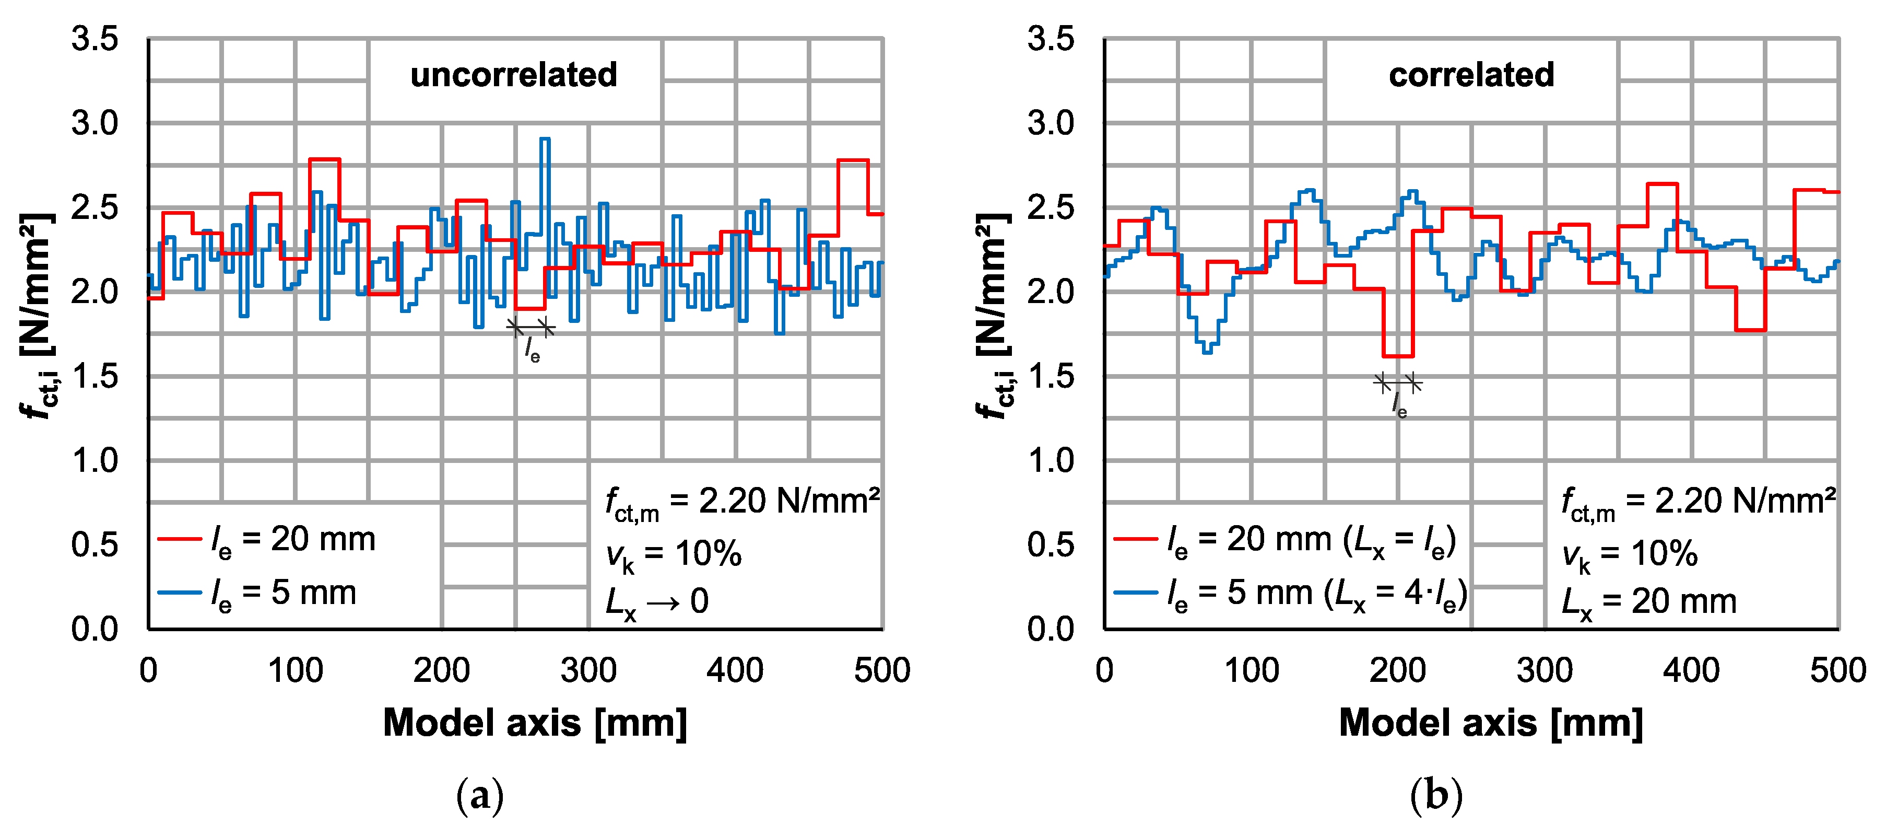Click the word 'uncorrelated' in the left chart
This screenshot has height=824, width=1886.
click(x=513, y=75)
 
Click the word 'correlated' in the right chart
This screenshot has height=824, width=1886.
click(x=1471, y=75)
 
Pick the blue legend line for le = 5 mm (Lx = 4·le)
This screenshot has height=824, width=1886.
click(x=1136, y=593)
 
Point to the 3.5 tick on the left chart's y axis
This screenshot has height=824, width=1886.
click(x=95, y=39)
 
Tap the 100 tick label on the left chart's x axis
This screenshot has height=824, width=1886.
click(x=295, y=670)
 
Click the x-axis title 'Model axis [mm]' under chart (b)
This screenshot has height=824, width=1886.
click(x=1491, y=723)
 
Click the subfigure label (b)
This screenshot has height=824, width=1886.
click(x=1436, y=795)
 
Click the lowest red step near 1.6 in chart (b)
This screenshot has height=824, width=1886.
click(x=1398, y=356)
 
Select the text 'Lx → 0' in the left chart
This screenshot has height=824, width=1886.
click(x=657, y=602)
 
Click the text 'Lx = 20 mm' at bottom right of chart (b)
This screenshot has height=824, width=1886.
click(x=1649, y=602)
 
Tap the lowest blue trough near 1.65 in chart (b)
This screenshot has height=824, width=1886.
click(x=1207, y=352)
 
